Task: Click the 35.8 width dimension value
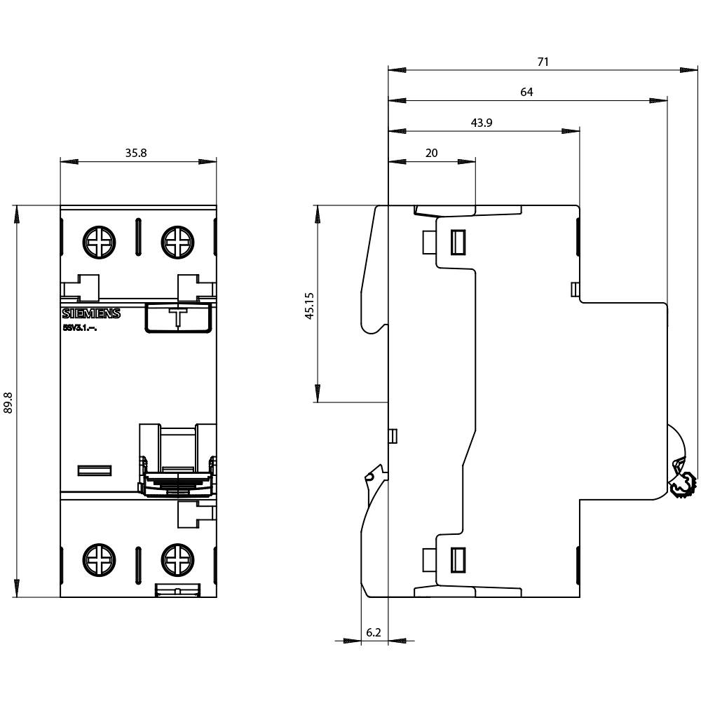tap(136, 153)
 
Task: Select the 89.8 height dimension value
tap(9, 402)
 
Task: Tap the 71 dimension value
tap(543, 62)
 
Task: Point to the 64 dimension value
tap(526, 92)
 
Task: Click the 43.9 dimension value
tap(481, 123)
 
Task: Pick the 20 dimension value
tap(432, 153)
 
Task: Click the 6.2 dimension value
tap(374, 632)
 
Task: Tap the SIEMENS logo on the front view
tap(91, 314)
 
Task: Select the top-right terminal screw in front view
tap(176, 243)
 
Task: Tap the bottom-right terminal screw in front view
tap(176, 559)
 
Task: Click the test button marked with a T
tap(179, 316)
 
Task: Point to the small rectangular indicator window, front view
tap(95, 470)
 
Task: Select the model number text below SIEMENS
tap(79, 327)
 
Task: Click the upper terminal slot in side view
tap(458, 243)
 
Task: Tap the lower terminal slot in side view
tap(458, 559)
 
